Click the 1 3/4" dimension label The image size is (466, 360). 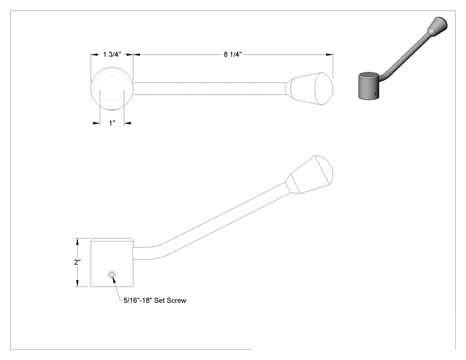coord(112,55)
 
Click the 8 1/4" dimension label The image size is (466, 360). coord(233,55)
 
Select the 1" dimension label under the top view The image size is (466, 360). coord(112,123)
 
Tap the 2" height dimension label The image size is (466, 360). coord(77,262)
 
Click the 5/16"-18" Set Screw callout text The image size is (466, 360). coord(155,300)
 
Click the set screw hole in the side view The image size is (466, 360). coord(112,274)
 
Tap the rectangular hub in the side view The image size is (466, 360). coord(112,262)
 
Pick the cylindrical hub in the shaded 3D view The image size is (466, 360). coord(368,86)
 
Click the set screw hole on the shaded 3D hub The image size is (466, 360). coord(376,94)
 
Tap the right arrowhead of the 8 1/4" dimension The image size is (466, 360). coord(329,55)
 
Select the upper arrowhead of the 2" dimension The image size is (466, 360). coord(78,241)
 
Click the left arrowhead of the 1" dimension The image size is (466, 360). coord(96,123)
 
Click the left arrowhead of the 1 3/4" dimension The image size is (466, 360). coord(95,55)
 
